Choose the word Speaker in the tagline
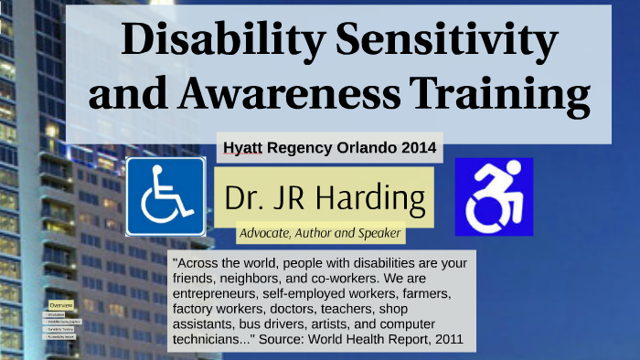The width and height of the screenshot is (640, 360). coord(375,233)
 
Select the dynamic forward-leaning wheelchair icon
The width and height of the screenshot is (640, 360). coord(494,196)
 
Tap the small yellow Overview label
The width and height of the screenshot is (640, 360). coord(61,304)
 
